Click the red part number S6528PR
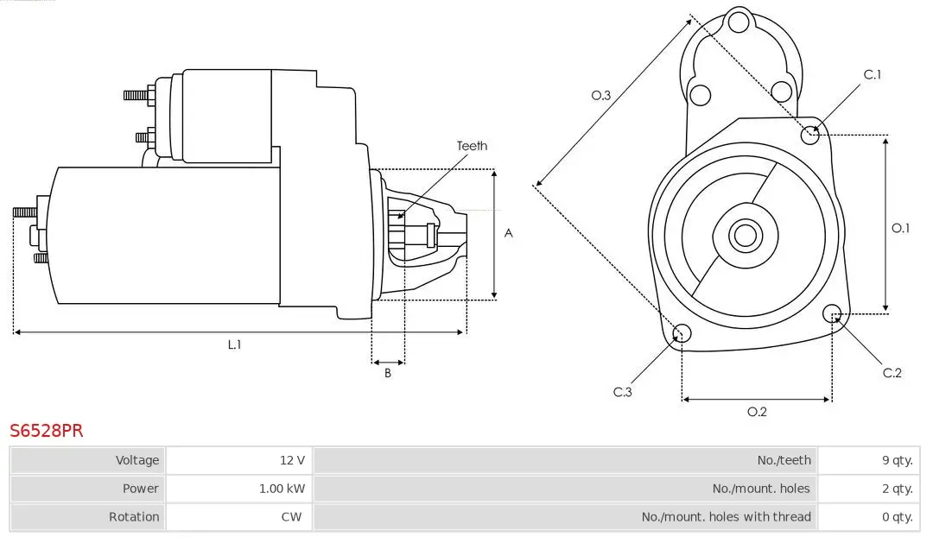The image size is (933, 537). tap(47, 431)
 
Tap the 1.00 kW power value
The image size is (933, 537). tap(282, 489)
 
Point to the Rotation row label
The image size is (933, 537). tap(134, 516)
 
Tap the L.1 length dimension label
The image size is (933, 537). tap(234, 344)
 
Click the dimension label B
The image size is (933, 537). tap(388, 374)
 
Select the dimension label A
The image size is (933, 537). tap(509, 233)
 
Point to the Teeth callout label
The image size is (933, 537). tap(472, 146)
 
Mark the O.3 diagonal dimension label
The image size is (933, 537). tap(601, 95)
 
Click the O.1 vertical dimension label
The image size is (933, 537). tap(901, 228)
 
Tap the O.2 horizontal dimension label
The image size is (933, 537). tap(757, 412)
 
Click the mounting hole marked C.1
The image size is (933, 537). tap(810, 134)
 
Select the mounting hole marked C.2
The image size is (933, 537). tap(833, 313)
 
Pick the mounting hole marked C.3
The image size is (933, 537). tap(682, 334)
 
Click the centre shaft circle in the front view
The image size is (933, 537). tap(744, 235)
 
